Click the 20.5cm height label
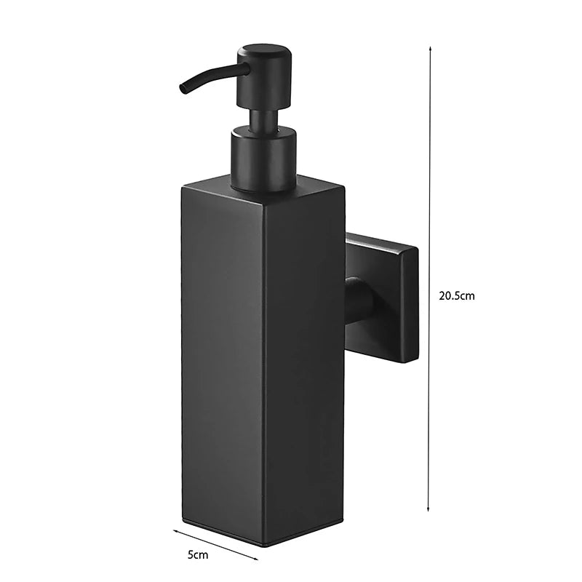(x=457, y=296)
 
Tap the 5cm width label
(x=197, y=554)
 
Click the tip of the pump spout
(x=182, y=90)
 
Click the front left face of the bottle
(x=222, y=364)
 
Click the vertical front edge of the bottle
(x=264, y=364)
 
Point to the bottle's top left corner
(x=183, y=188)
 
